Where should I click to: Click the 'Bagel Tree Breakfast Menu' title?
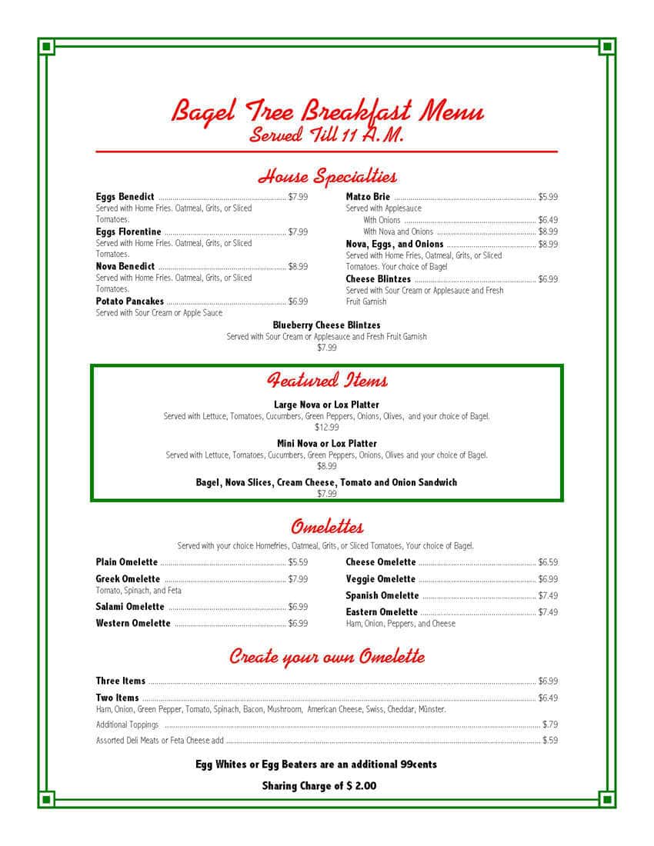[327, 111]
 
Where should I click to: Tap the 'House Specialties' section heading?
[327, 177]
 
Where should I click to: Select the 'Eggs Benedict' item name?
[125, 197]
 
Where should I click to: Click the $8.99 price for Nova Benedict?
[298, 267]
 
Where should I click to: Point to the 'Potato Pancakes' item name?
[129, 301]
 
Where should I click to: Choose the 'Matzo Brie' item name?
[368, 197]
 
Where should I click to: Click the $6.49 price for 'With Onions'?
[548, 220]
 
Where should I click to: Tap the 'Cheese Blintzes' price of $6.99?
[548, 279]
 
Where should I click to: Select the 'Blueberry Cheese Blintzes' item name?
[326, 325]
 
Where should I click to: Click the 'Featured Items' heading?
[327, 380]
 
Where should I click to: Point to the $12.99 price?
[326, 428]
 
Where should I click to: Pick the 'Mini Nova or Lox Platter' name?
[327, 444]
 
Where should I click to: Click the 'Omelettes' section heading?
[327, 527]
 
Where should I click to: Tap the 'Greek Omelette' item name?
[128, 579]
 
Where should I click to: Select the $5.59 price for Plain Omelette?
[298, 562]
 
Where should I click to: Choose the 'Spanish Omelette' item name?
[382, 596]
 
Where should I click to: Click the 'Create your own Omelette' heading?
[327, 657]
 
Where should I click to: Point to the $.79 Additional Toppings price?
[549, 724]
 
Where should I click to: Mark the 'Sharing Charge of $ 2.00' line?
[319, 786]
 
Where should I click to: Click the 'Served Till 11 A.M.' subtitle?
[327, 135]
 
